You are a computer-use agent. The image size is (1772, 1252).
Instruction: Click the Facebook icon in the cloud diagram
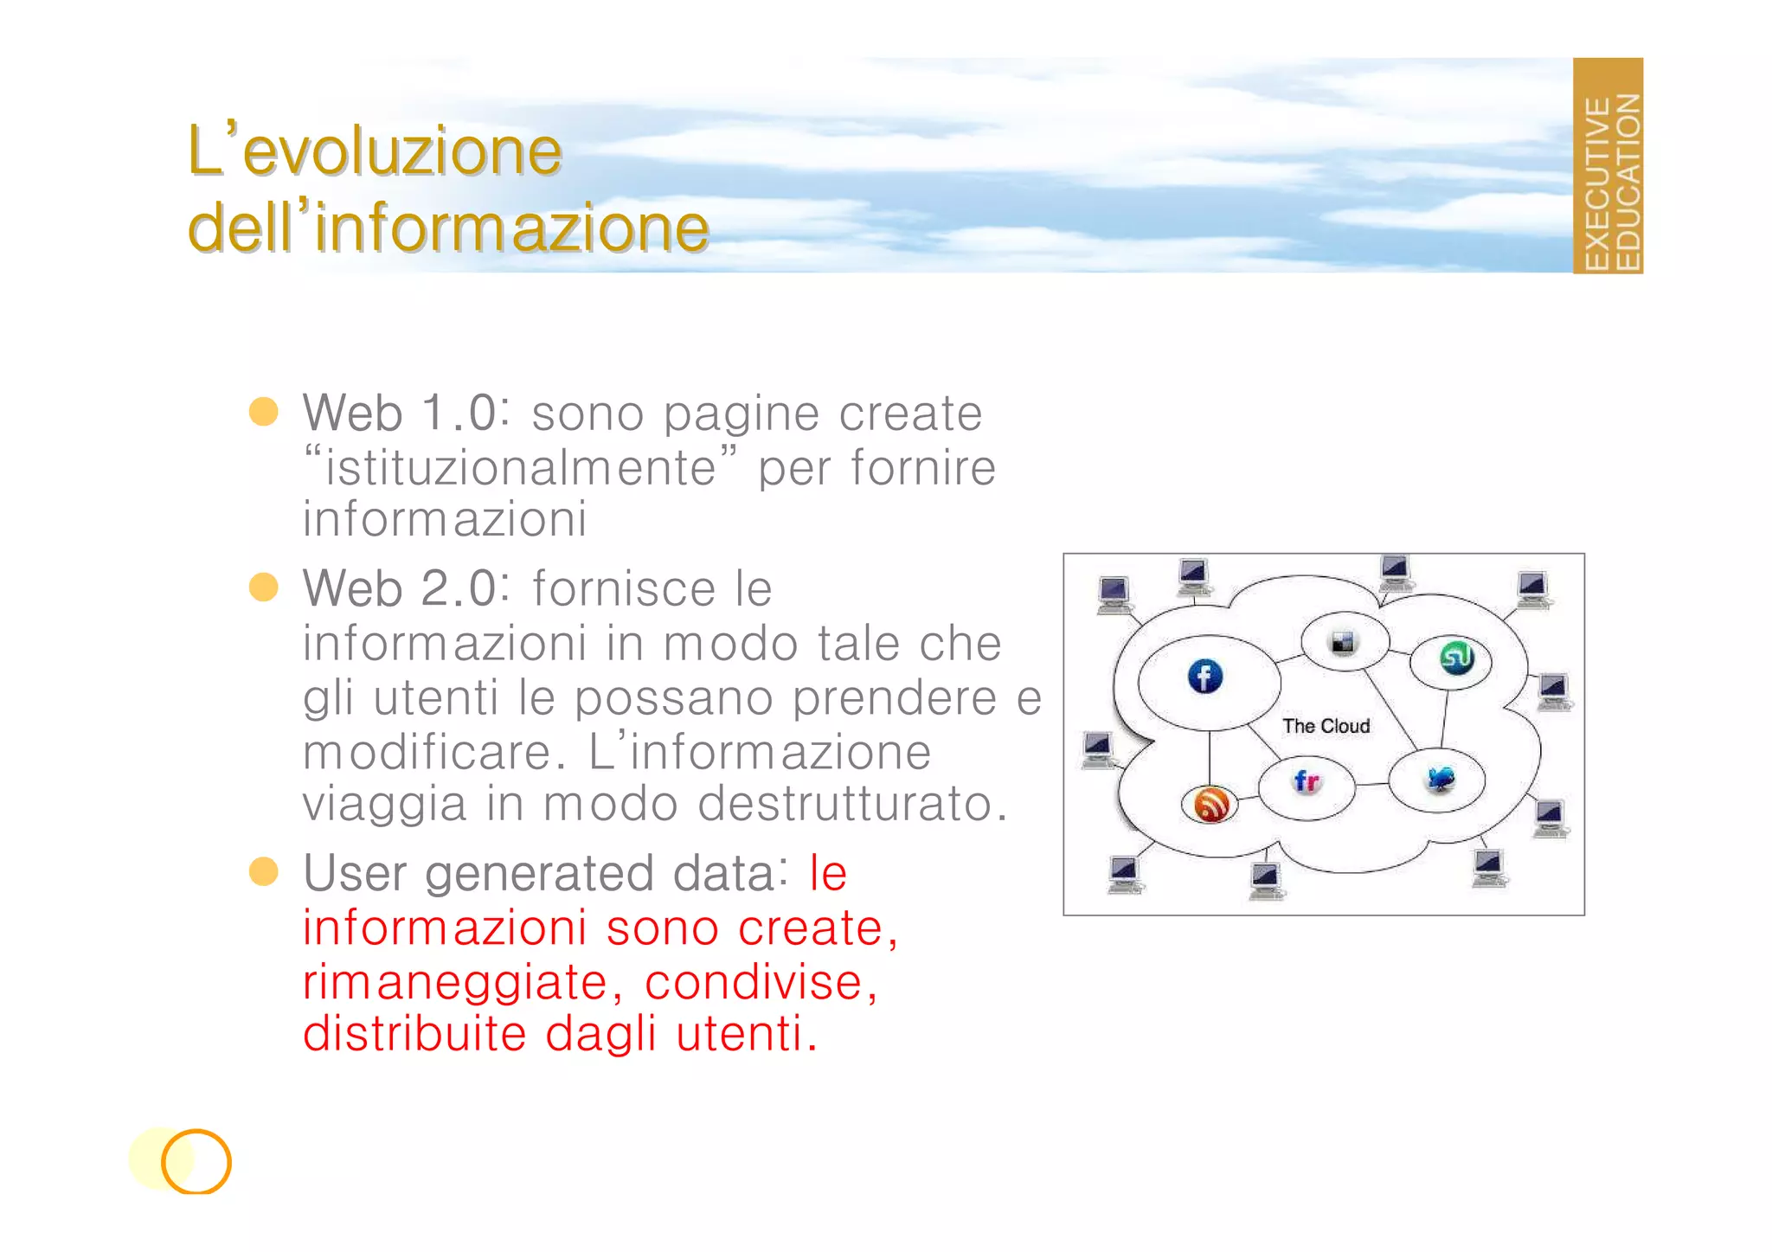click(1204, 677)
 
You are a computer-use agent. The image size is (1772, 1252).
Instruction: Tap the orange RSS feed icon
click(1210, 804)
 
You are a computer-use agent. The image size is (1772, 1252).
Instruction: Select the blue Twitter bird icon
click(1440, 779)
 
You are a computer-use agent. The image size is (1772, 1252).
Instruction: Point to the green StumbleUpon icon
click(1456, 658)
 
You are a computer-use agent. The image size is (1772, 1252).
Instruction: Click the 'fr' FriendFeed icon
click(1307, 782)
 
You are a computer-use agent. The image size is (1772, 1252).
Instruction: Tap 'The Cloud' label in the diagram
click(1326, 726)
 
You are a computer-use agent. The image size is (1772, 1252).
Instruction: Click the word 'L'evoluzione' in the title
click(375, 151)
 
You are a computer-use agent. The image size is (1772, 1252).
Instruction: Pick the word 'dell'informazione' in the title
click(448, 228)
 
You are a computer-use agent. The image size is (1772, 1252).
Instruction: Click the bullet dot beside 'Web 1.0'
click(263, 412)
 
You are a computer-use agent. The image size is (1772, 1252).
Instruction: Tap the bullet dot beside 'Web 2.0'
click(263, 587)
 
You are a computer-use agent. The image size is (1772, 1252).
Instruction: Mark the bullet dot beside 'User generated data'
click(263, 871)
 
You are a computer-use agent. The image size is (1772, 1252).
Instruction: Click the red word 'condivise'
click(754, 982)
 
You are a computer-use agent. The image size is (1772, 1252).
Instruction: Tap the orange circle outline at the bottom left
click(196, 1161)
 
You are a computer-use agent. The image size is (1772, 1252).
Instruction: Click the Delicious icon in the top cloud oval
click(1343, 642)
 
